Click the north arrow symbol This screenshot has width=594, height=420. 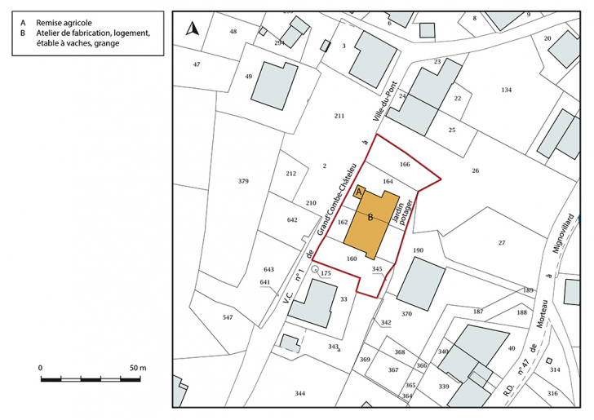point(193,29)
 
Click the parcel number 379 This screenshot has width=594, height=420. point(243,181)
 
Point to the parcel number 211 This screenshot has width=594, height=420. point(339,117)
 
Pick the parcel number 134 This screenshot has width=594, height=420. point(506,90)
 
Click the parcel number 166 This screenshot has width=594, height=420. point(405,164)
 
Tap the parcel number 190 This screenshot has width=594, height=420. point(419,250)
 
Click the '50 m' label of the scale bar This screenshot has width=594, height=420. point(137,369)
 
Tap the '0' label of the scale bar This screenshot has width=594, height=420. point(41,369)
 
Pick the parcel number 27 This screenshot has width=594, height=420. point(502,242)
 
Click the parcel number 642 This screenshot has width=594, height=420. point(293,220)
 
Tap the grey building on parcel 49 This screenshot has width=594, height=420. point(275,83)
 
